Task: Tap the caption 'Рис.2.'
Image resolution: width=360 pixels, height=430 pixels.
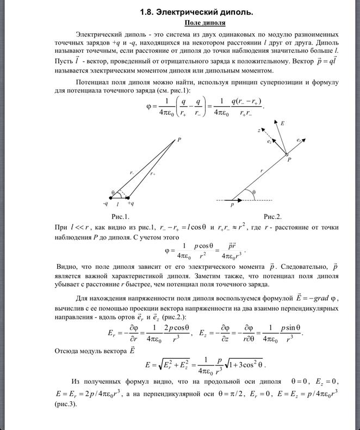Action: click(x=272, y=216)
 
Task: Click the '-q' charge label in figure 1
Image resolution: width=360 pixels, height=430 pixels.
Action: click(x=105, y=204)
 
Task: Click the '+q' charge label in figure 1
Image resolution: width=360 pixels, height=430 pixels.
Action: click(x=131, y=204)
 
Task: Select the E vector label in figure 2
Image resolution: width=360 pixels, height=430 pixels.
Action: click(x=282, y=124)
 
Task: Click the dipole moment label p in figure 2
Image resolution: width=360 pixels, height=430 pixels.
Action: click(x=232, y=206)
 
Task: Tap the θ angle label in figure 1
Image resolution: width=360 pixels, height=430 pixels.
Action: click(x=113, y=192)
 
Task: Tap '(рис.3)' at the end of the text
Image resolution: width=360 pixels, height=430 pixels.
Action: click(x=66, y=405)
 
